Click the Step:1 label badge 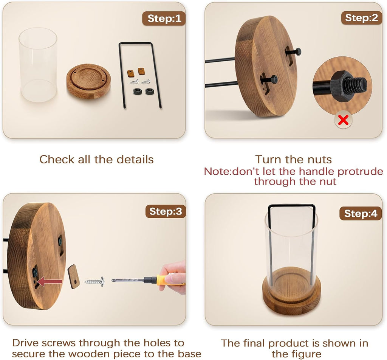point(164,19)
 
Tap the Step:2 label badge point(361,18)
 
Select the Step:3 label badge point(166,211)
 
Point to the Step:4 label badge point(361,213)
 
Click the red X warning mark point(343,120)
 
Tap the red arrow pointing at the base point(50,282)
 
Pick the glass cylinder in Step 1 point(38,65)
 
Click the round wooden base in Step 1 point(88,81)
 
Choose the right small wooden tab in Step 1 point(141,71)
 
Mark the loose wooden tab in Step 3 point(74,276)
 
